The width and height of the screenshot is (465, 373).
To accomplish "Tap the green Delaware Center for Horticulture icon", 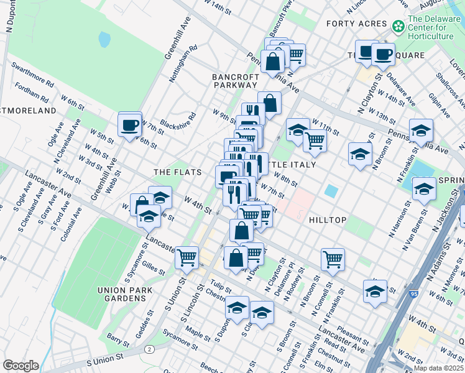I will [x=398, y=26].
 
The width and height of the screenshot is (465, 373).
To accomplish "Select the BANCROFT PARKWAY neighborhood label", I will [x=235, y=81].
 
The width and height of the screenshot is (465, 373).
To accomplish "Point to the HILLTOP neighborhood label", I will [x=327, y=220].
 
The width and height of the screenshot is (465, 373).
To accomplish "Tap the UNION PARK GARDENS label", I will [x=121, y=294].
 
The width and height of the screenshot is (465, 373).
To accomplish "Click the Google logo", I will [x=21, y=366].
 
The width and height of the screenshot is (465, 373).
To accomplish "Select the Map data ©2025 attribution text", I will [x=438, y=368].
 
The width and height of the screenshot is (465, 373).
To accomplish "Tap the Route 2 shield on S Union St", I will [x=150, y=349].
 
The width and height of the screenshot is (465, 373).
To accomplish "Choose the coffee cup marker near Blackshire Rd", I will [x=130, y=125].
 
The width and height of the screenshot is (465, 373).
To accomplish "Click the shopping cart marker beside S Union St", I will [x=186, y=257].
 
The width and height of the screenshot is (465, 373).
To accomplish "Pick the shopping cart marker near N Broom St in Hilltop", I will [x=333, y=259].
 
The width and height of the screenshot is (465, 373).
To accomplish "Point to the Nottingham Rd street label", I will [x=185, y=64].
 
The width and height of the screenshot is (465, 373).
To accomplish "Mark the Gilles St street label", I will [x=152, y=268].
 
